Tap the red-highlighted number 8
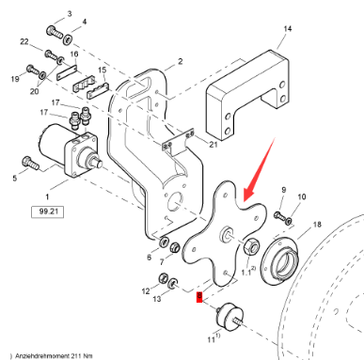[198, 299]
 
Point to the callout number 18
[316, 225]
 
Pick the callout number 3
[69, 16]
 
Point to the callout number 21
[214, 144]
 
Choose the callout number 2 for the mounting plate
[179, 61]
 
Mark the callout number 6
[148, 257]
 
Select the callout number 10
[302, 196]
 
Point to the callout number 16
[74, 55]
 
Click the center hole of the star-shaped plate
[227, 232]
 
